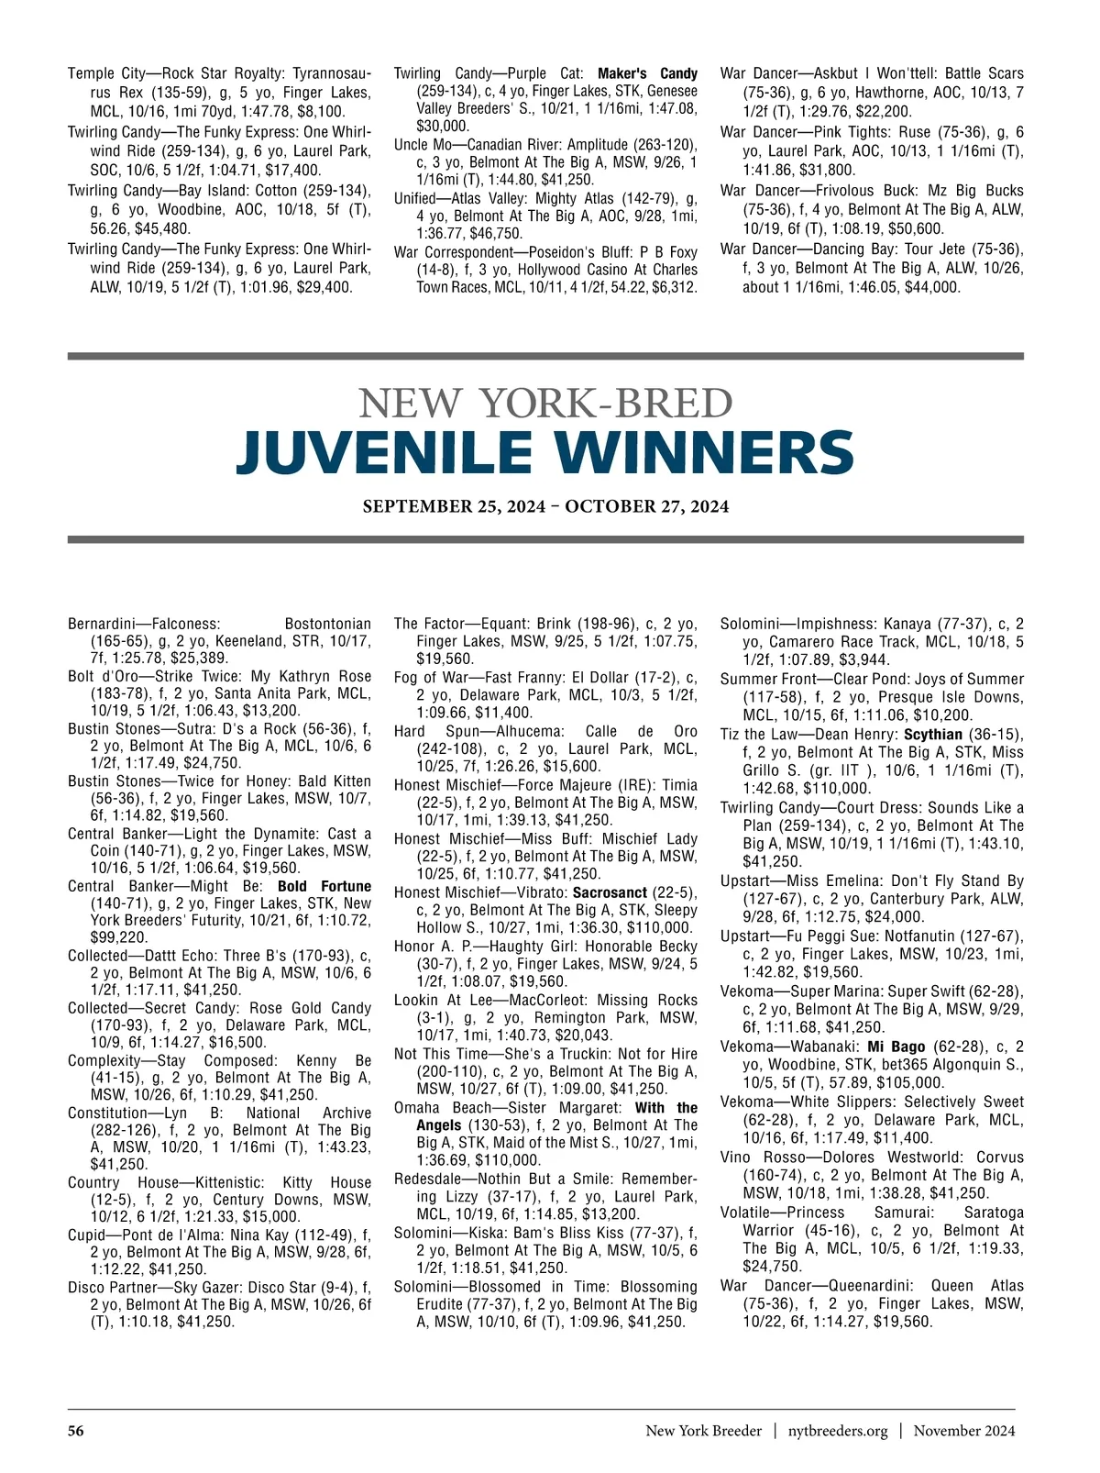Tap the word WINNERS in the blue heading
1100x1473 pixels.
pos(698,453)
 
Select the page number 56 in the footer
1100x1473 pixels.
pos(76,1431)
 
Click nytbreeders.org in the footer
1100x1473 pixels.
pos(838,1431)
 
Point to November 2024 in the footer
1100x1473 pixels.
pos(963,1431)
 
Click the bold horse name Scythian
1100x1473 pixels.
pos(932,735)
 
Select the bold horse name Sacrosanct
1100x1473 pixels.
pos(610,892)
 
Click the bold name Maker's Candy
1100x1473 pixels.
pos(647,73)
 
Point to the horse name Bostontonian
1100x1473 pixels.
pos(328,624)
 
